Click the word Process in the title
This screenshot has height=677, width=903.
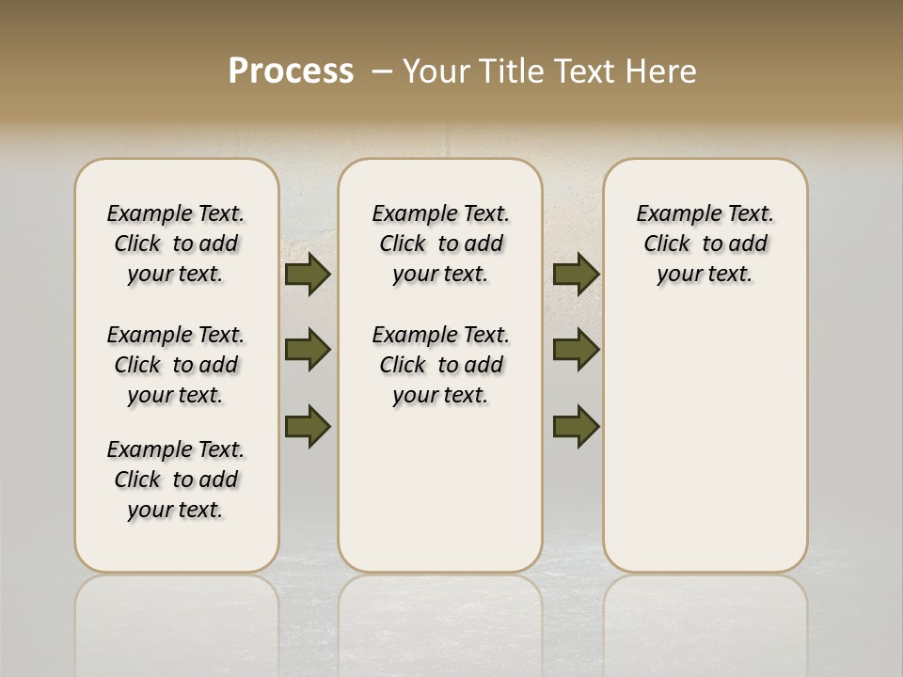point(291,71)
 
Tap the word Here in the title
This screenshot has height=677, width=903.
point(660,71)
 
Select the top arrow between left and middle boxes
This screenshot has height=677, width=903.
point(307,274)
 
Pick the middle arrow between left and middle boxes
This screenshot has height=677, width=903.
point(307,350)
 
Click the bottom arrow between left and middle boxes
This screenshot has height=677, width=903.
point(307,426)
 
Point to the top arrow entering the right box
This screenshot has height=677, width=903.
point(576,274)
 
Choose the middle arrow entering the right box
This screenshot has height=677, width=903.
point(576,350)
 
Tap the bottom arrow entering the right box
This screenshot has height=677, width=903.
point(576,426)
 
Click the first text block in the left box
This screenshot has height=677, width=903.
point(176,244)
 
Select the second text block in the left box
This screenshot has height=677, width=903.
point(176,365)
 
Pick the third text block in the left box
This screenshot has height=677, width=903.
point(176,480)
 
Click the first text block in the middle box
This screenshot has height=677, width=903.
point(441,244)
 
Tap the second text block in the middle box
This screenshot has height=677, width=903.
point(441,365)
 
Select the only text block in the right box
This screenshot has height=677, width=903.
point(705,244)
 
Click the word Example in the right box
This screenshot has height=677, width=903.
point(672,214)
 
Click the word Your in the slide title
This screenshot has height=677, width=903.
point(437,71)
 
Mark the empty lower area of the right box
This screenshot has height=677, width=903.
point(705,442)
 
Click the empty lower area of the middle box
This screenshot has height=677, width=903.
point(440,489)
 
